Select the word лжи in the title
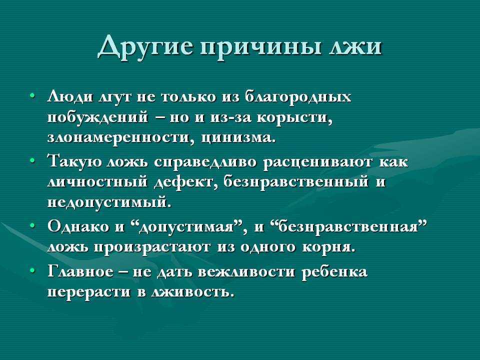(355, 47)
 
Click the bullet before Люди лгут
(32, 96)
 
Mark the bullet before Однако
(32, 225)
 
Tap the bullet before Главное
(32, 270)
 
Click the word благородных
(298, 97)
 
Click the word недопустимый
(108, 203)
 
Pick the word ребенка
(334, 272)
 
